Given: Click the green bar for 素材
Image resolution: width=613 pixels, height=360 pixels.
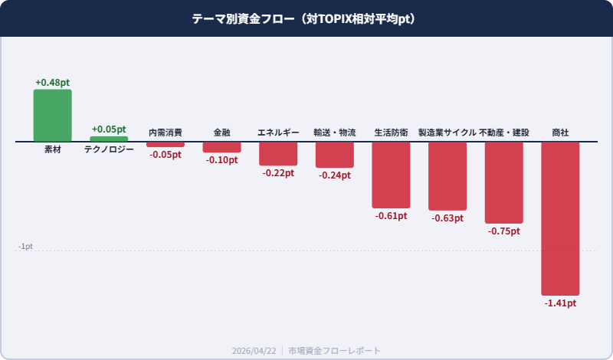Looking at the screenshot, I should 52,116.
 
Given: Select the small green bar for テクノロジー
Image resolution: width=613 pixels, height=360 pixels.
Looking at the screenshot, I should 109,139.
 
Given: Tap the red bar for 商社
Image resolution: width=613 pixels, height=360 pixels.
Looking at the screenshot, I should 560,218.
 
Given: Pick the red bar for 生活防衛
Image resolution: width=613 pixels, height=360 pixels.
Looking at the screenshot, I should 391,175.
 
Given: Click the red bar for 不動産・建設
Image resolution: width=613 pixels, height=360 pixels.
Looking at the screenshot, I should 504,182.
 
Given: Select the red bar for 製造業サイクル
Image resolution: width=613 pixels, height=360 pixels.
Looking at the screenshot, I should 447,176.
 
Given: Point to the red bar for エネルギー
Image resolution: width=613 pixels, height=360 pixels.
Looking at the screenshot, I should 278,154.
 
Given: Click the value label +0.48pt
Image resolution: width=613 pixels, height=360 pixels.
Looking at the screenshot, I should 52,82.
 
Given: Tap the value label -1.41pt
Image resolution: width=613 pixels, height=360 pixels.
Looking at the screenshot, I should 560,303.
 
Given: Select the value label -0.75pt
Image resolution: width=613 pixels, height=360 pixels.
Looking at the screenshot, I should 504,231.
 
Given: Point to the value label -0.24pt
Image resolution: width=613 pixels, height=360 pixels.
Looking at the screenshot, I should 335,175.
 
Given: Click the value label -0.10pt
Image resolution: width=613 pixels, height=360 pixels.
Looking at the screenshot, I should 221,160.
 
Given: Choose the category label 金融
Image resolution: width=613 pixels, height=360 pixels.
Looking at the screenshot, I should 221,133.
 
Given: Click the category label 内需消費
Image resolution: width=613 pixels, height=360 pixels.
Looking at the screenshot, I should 166,133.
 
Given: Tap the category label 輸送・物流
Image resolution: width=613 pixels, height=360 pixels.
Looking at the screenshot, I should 335,133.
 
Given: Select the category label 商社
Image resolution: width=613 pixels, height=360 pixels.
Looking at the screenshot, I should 560,133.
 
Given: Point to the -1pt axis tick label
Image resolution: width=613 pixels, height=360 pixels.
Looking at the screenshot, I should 25,247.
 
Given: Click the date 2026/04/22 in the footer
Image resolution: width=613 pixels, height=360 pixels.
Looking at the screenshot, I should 254,350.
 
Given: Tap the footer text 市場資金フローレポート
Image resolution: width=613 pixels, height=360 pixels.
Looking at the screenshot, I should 334,350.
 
